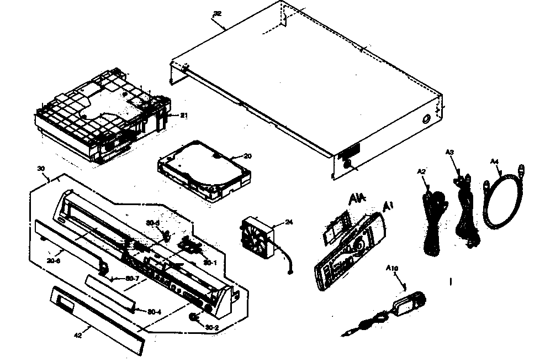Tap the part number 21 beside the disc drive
(184, 115)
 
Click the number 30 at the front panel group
(40, 168)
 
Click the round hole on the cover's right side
(427, 118)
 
